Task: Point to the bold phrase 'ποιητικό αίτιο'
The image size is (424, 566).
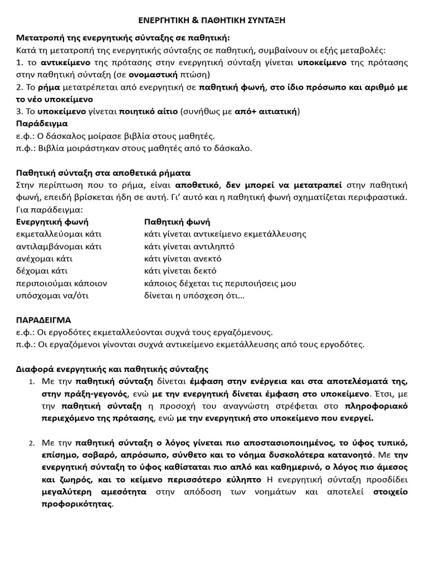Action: click(149, 111)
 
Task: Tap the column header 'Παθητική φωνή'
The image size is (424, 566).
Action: click(177, 222)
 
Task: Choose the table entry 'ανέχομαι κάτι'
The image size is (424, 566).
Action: click(44, 258)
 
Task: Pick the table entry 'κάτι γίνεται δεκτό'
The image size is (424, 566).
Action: click(180, 271)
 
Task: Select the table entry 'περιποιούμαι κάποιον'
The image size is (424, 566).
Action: click(61, 283)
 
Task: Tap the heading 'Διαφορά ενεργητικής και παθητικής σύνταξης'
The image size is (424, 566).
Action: click(112, 369)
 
